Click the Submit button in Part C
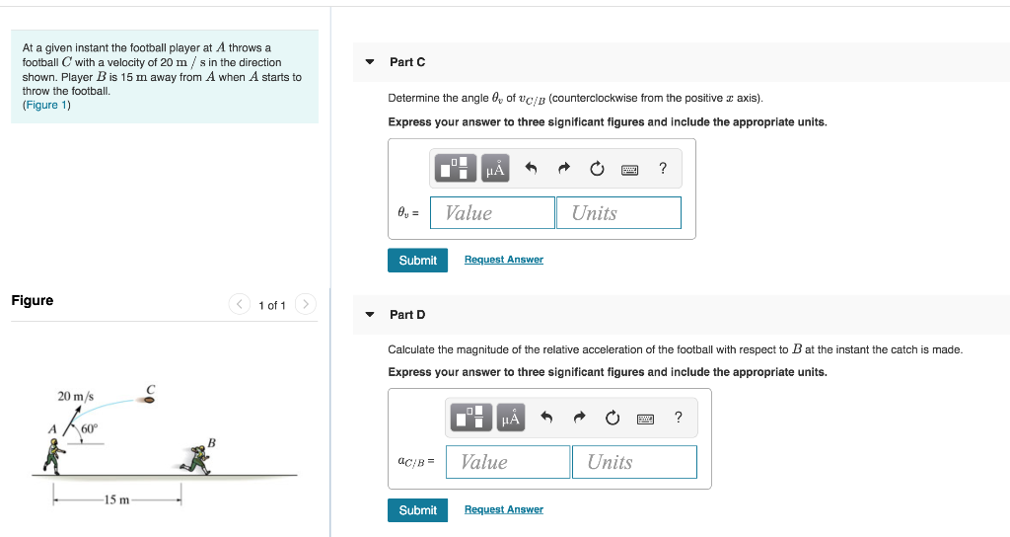pyautogui.click(x=417, y=260)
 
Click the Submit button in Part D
pyautogui.click(x=417, y=510)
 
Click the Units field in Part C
pyautogui.click(x=618, y=213)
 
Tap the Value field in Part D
pyautogui.click(x=508, y=462)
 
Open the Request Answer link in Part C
pyautogui.click(x=504, y=260)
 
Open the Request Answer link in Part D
pyautogui.click(x=504, y=510)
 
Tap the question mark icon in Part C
pyautogui.click(x=663, y=169)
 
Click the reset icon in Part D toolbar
pyautogui.click(x=613, y=419)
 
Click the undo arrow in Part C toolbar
pyautogui.click(x=531, y=169)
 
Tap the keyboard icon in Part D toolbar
pyautogui.click(x=645, y=419)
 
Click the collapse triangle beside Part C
pyautogui.click(x=370, y=62)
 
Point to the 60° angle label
pyautogui.click(x=90, y=429)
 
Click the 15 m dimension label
pyautogui.click(x=116, y=500)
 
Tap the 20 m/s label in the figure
pyautogui.click(x=75, y=396)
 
